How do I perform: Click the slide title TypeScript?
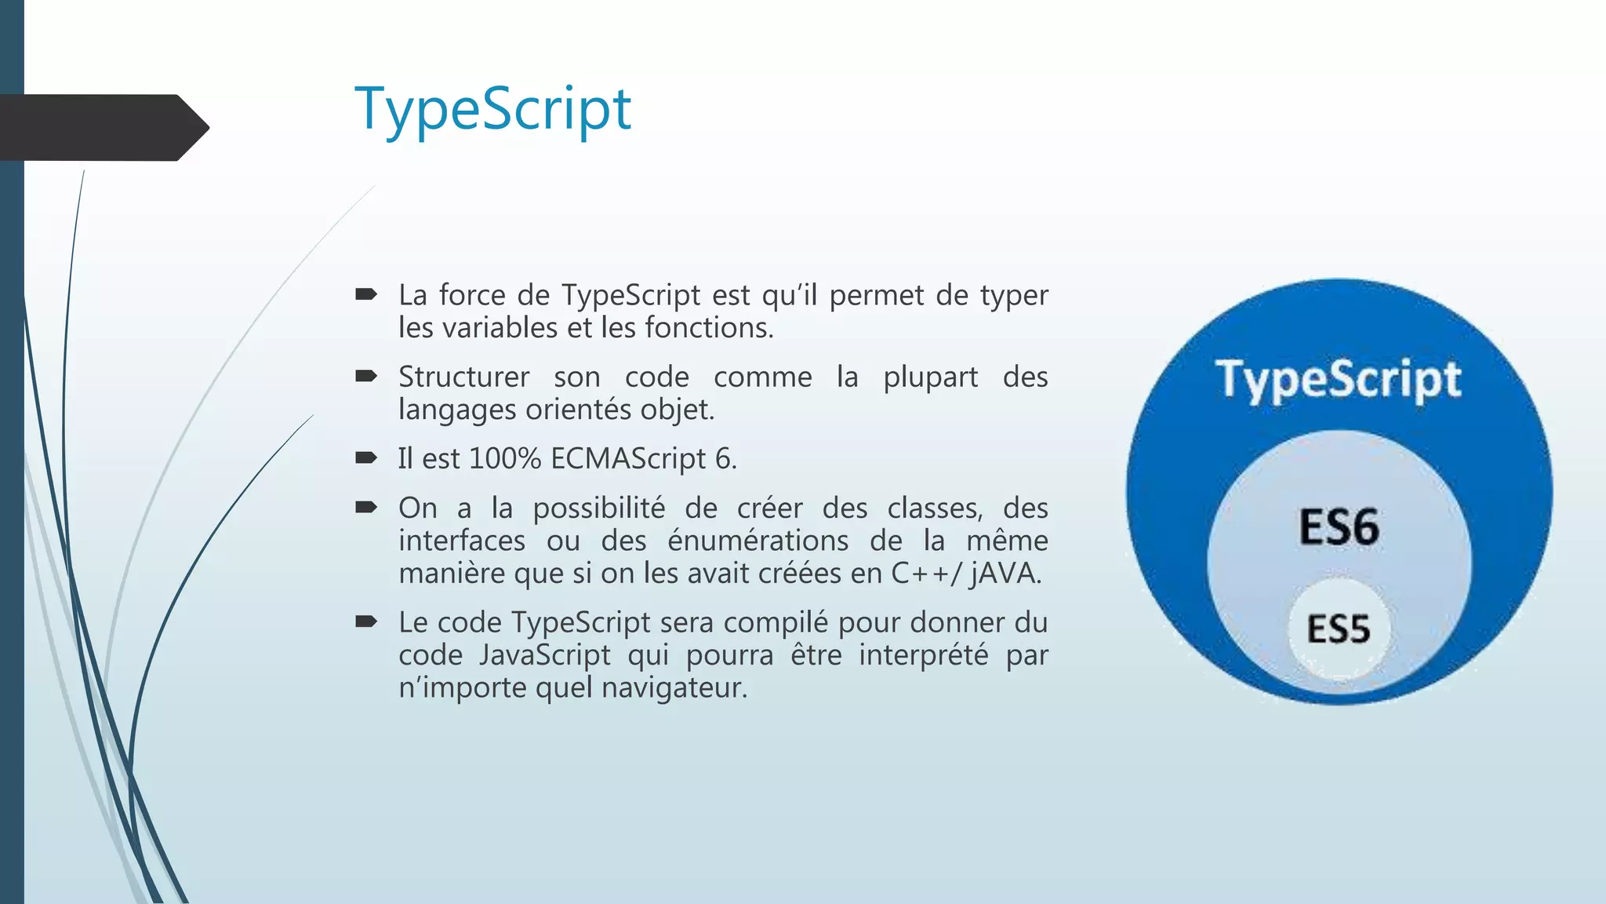click(492, 110)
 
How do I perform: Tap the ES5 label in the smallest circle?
click(1338, 629)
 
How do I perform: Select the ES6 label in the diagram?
click(1339, 527)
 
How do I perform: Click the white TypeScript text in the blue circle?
click(1338, 380)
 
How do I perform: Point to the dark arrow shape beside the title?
click(102, 128)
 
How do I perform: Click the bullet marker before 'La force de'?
click(365, 295)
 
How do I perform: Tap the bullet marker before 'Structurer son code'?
click(365, 377)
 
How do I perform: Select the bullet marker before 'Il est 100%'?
click(365, 458)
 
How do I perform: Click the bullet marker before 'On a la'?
click(365, 508)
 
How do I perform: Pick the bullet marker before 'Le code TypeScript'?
click(365, 622)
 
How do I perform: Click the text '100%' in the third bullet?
click(505, 458)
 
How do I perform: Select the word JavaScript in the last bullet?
click(544, 654)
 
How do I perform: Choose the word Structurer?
click(463, 377)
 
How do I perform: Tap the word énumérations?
click(758, 541)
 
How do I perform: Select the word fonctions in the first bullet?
click(708, 328)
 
